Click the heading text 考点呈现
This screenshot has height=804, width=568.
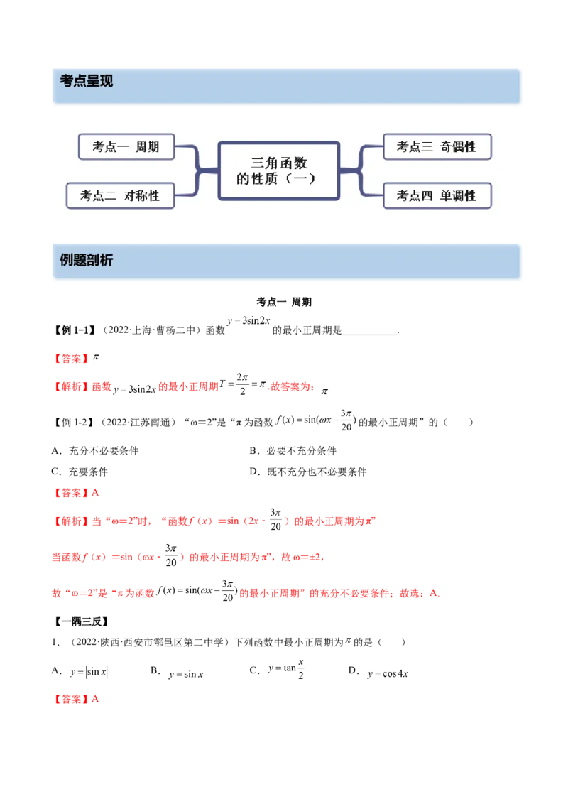[x=87, y=81]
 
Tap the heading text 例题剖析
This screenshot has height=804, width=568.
[x=87, y=260]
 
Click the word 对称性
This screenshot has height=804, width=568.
[x=141, y=195]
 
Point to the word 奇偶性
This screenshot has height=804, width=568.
[x=457, y=147]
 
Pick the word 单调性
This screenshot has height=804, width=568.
[x=457, y=195]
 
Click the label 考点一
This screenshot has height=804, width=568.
[x=110, y=147]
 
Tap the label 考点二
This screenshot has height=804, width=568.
[x=97, y=195]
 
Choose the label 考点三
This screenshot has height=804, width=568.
[x=414, y=147]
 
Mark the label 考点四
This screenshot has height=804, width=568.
[x=414, y=195]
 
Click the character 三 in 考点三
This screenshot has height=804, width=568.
[x=427, y=147]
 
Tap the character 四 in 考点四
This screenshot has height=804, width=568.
[x=427, y=195]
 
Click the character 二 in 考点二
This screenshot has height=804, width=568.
[x=110, y=195]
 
